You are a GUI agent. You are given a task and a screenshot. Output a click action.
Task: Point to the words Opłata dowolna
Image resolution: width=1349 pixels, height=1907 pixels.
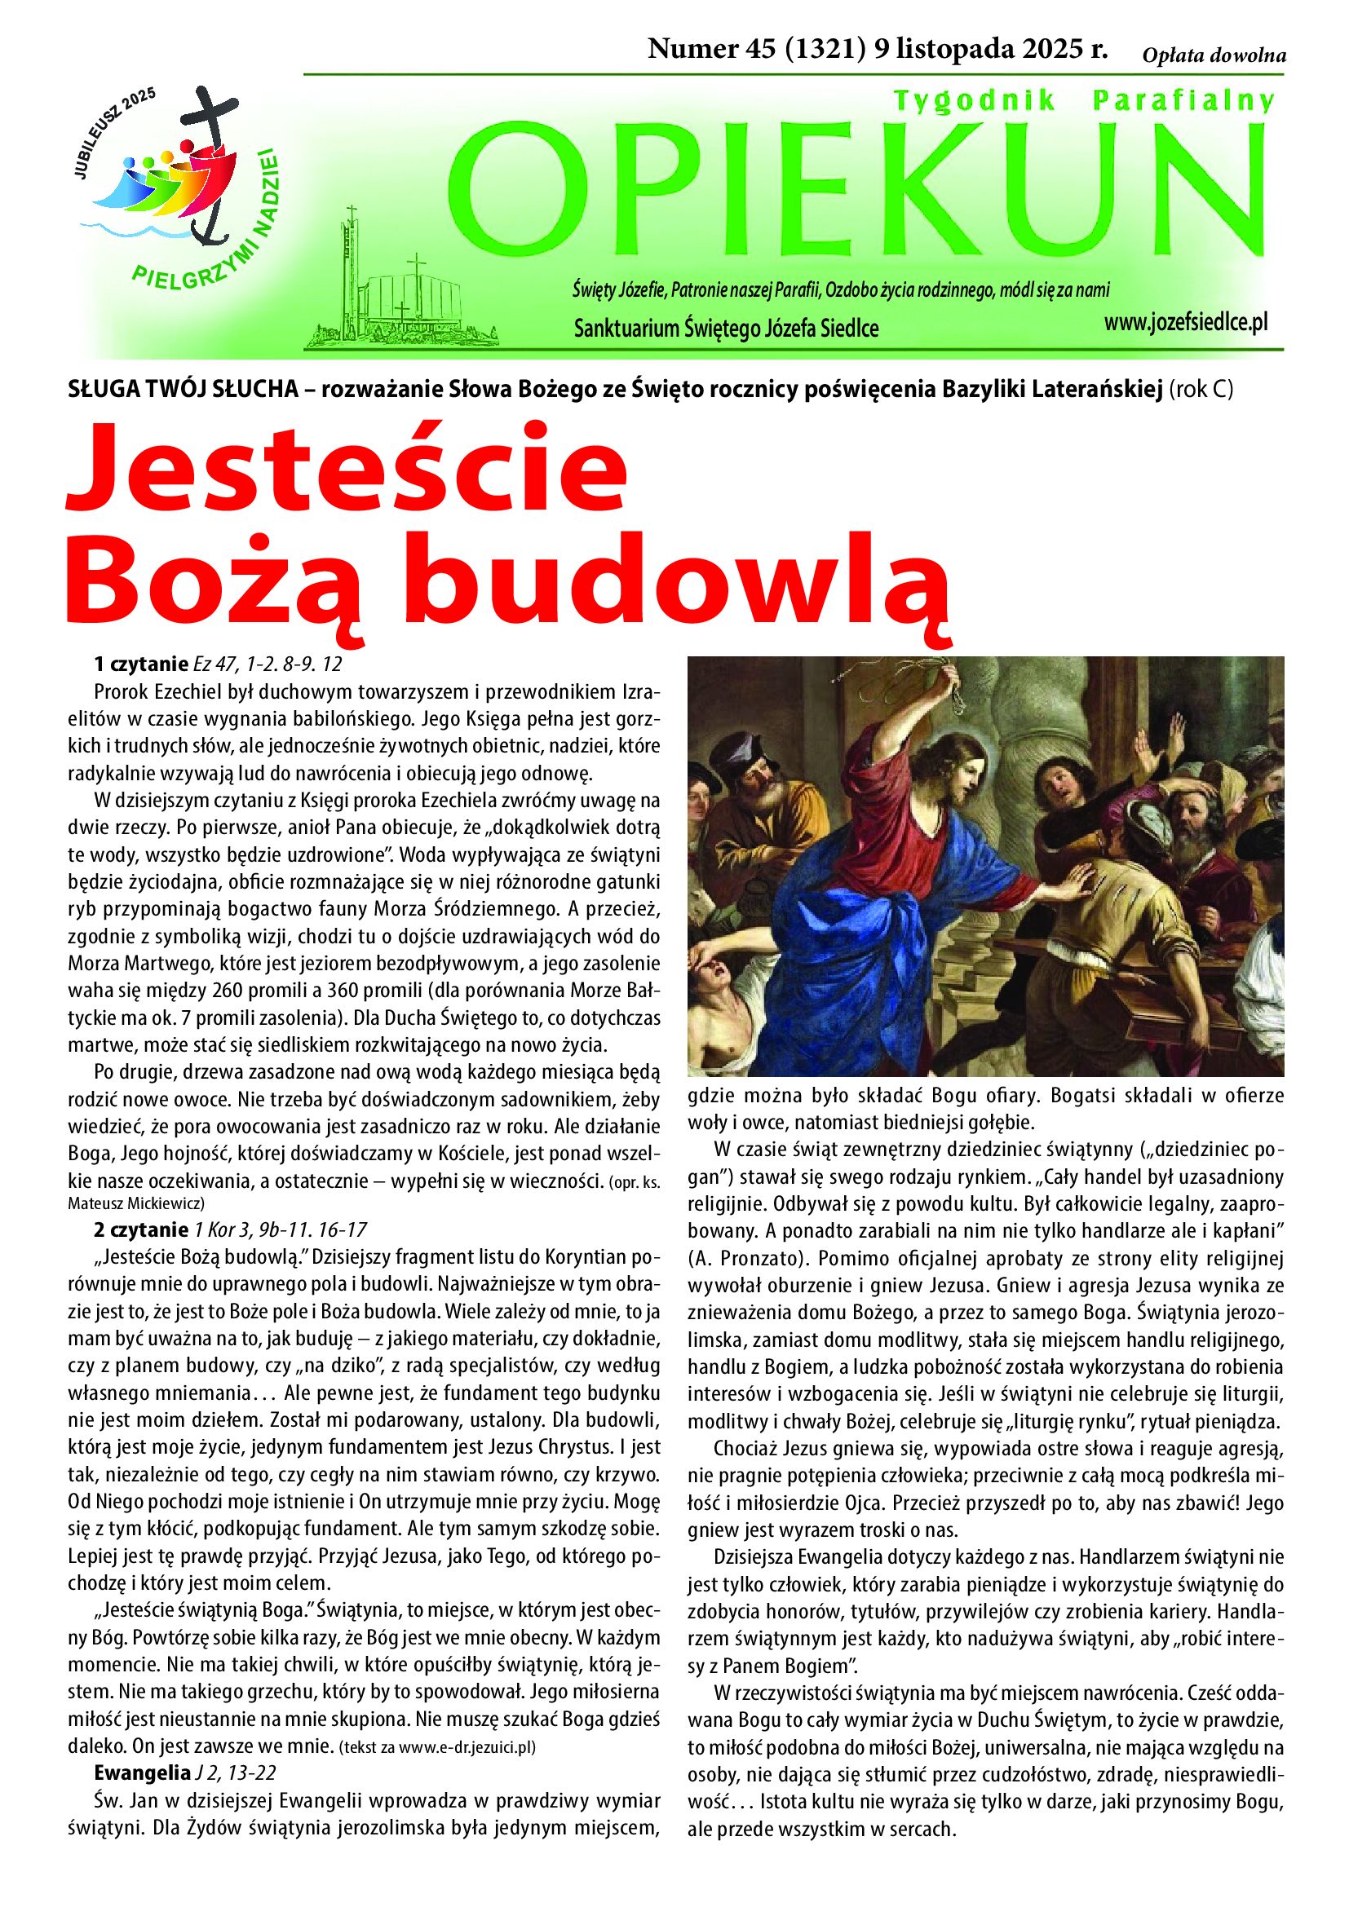coord(1214,55)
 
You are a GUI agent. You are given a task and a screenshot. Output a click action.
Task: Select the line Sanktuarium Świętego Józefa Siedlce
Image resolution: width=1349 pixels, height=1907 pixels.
coord(726,329)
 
